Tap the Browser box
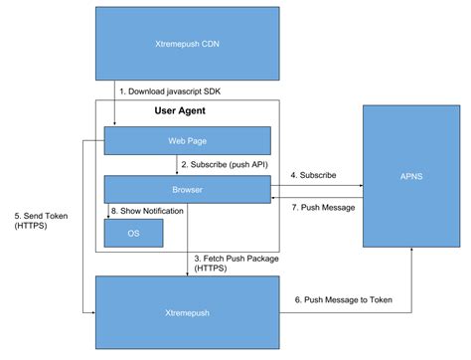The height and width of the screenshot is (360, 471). [x=188, y=187]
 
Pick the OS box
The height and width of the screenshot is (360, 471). [x=133, y=232]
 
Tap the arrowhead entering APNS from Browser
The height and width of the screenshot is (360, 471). [x=359, y=184]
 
